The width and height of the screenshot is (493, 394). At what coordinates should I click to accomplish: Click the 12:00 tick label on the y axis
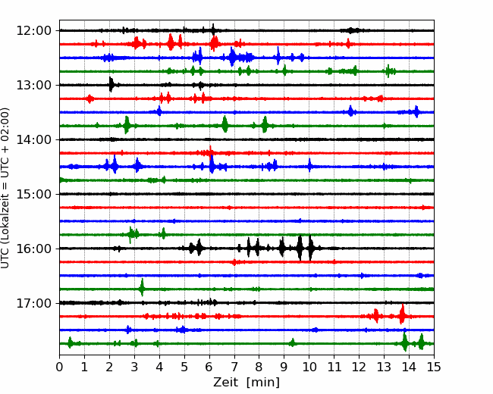pyautogui.click(x=33, y=31)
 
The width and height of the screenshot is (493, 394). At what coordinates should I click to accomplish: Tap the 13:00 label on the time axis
pyautogui.click(x=33, y=85)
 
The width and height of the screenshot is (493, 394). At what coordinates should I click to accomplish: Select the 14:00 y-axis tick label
pyautogui.click(x=33, y=139)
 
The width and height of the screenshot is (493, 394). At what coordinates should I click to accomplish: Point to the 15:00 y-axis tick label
pyautogui.click(x=33, y=194)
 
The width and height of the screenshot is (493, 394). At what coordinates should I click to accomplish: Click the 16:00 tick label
pyautogui.click(x=33, y=249)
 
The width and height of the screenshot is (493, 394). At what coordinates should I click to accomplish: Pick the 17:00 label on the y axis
pyautogui.click(x=33, y=303)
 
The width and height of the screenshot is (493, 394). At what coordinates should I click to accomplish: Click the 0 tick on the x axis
pyautogui.click(x=59, y=367)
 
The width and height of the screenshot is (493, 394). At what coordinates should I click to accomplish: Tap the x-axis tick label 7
pyautogui.click(x=234, y=367)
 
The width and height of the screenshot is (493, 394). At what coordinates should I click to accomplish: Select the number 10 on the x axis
pyautogui.click(x=309, y=367)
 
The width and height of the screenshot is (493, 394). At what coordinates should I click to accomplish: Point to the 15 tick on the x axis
pyautogui.click(x=434, y=367)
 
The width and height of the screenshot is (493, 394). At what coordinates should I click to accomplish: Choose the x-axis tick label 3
pyautogui.click(x=134, y=367)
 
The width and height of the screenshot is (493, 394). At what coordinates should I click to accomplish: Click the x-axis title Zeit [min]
pyautogui.click(x=246, y=383)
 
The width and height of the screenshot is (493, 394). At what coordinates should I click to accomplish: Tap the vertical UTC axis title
pyautogui.click(x=5, y=188)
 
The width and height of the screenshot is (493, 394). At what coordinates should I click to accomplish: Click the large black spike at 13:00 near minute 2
pyautogui.click(x=111, y=84)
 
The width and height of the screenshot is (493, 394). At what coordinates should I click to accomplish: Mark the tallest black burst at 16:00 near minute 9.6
pyautogui.click(x=300, y=249)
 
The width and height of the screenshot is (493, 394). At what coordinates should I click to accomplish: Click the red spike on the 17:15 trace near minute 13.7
pyautogui.click(x=402, y=314)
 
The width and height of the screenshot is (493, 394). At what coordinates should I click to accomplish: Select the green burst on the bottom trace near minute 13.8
pyautogui.click(x=405, y=342)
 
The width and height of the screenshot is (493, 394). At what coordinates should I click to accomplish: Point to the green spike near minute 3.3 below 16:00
pyautogui.click(x=142, y=287)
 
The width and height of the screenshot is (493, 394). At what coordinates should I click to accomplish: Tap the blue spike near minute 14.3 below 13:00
pyautogui.click(x=416, y=112)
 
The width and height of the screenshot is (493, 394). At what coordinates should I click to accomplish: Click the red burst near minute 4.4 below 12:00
pyautogui.click(x=171, y=42)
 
